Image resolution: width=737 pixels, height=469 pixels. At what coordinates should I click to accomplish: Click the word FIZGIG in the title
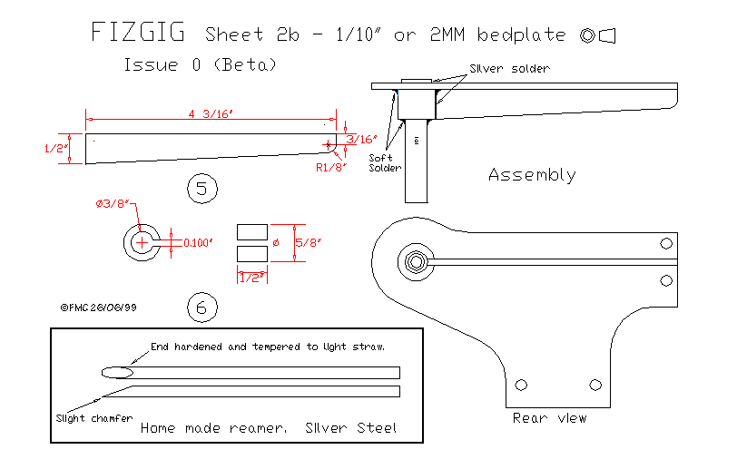coord(138,34)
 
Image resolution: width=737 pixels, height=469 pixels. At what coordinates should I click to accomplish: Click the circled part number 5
coord(201,189)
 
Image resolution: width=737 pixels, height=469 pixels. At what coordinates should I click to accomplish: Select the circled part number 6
coord(201,308)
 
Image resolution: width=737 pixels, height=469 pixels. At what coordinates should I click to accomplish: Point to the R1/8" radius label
coord(329,167)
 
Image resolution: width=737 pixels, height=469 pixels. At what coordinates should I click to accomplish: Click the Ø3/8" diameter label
coord(113,204)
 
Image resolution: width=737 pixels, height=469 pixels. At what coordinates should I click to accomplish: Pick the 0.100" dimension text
coord(198,242)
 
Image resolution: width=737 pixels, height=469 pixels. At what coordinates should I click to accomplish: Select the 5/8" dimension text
coord(310,242)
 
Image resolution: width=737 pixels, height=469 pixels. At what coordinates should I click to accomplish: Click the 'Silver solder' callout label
coord(509,69)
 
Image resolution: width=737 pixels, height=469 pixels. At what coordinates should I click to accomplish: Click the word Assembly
coord(532,174)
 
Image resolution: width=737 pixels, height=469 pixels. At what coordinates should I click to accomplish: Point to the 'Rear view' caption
coord(549,418)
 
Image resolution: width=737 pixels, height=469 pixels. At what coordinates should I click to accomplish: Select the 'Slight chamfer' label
coord(87,418)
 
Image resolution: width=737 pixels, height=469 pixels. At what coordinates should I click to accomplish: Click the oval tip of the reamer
coord(117,371)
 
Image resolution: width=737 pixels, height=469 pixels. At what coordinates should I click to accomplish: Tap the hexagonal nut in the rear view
coord(416,261)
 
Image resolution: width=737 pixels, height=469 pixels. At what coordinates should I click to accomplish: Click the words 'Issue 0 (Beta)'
coord(200,65)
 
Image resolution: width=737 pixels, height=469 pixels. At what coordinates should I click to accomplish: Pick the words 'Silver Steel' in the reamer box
coord(351,427)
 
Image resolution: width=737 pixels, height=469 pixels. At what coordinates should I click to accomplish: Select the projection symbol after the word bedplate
coord(598,35)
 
